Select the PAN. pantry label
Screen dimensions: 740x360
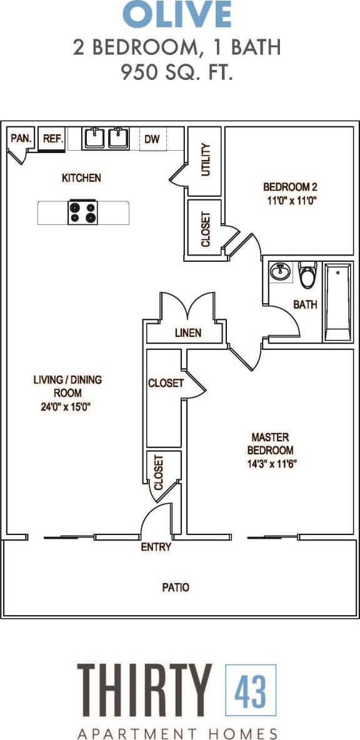click(x=21, y=139)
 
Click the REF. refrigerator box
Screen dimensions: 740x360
click(x=52, y=139)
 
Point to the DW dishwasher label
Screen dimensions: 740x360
click(x=152, y=139)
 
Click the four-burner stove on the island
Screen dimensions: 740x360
click(x=83, y=213)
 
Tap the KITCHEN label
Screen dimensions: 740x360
click(x=81, y=178)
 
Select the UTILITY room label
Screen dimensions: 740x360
click(x=207, y=160)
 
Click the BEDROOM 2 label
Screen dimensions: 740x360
click(x=291, y=186)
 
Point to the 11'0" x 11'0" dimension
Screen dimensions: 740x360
click(x=291, y=201)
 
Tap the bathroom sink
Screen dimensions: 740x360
click(x=279, y=272)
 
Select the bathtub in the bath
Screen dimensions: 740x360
click(x=337, y=302)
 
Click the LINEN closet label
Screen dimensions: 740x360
click(x=187, y=333)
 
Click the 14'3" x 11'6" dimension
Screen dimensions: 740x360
click(x=270, y=464)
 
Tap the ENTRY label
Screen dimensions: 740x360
click(x=156, y=547)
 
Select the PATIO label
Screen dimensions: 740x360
click(x=176, y=587)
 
